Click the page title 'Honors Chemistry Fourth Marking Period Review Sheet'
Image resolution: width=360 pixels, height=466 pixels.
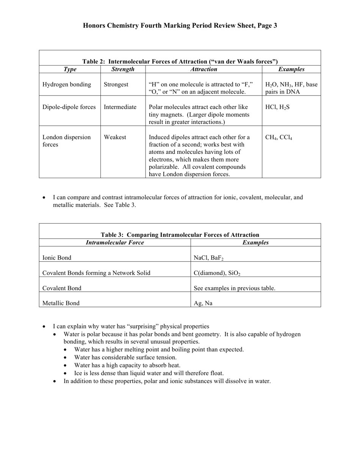click(180, 26)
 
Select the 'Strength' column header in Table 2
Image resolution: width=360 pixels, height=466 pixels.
click(123, 69)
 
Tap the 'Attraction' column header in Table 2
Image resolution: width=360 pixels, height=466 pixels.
click(203, 69)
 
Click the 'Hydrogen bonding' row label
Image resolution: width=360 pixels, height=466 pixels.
click(67, 84)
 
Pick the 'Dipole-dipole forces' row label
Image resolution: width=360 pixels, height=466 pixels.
click(69, 107)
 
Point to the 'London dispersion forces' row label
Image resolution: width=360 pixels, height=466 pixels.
click(66, 141)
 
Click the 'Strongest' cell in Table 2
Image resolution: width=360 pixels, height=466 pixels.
click(116, 84)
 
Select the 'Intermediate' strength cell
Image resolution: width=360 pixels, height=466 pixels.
click(120, 107)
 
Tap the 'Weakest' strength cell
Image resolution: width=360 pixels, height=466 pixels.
click(115, 137)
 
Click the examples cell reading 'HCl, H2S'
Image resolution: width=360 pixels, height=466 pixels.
click(277, 107)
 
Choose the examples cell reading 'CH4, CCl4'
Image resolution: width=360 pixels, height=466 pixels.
click(279, 138)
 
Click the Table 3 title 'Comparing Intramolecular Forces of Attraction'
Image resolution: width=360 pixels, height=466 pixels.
click(180, 235)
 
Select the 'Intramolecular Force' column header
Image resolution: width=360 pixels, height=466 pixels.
click(115, 242)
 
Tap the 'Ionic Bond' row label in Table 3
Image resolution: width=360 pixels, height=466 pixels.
click(57, 258)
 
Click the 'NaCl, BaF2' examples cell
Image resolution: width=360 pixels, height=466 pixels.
click(208, 258)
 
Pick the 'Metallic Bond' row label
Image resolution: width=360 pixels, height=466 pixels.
click(61, 303)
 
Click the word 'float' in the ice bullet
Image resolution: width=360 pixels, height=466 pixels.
click(216, 373)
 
